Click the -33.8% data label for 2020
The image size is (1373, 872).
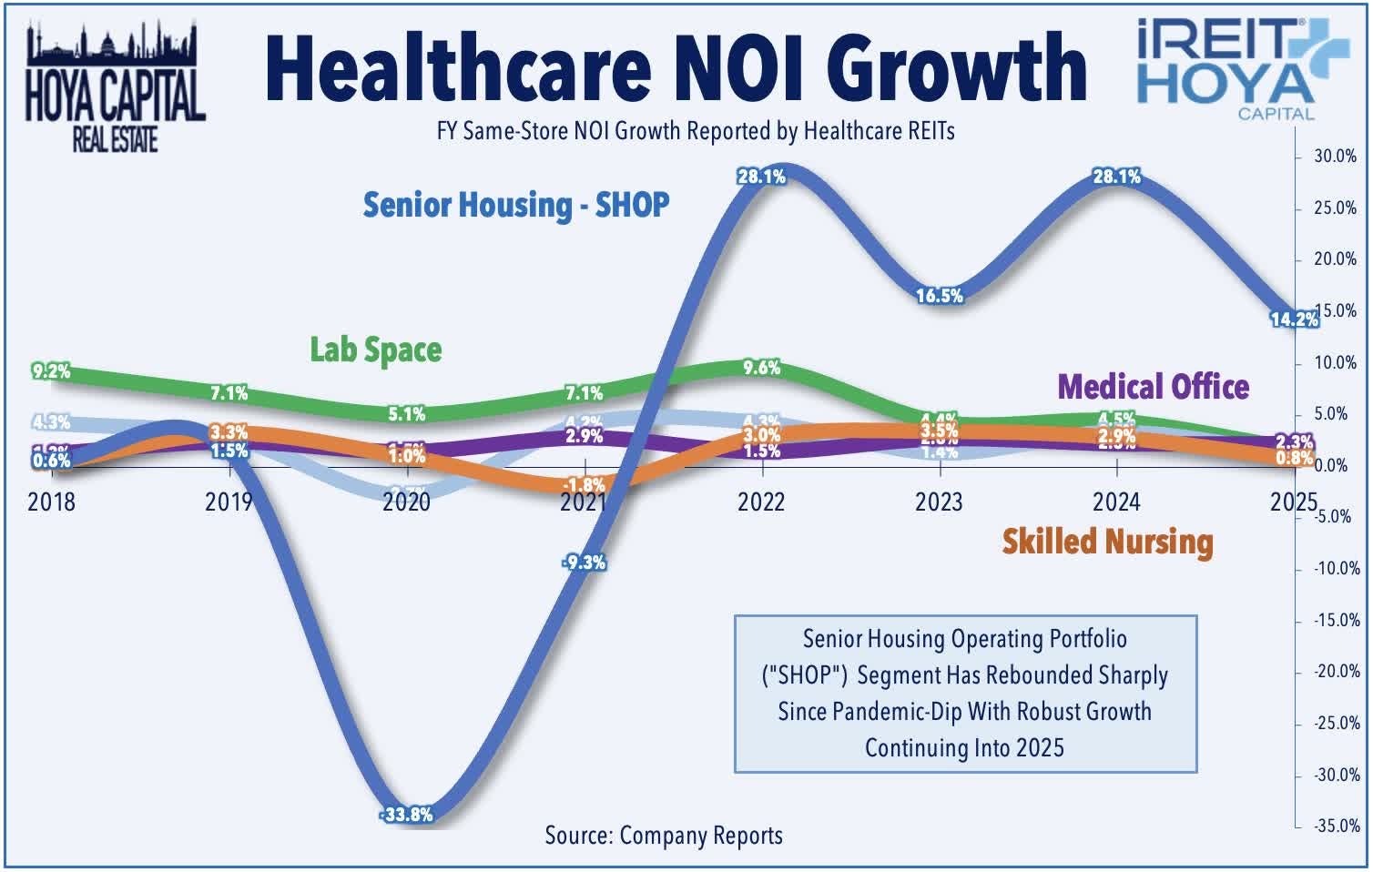pos(407,815)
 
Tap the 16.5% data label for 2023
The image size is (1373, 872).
pos(939,296)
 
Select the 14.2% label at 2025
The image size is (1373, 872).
pos(1294,319)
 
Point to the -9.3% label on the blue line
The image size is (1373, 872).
pos(584,563)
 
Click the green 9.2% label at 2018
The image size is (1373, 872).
pos(51,371)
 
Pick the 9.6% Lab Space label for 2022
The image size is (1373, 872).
pos(761,368)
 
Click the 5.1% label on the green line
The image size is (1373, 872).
pos(407,414)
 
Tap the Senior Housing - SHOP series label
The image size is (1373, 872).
pos(516,205)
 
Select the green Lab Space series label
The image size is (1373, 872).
pos(375,350)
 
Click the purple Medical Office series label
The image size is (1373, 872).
pos(1153,387)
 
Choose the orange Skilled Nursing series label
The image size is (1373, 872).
pos(1107,542)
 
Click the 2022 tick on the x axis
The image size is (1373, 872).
pos(761,502)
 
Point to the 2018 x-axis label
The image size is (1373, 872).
pos(52,502)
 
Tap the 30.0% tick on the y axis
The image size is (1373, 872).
pos(1335,157)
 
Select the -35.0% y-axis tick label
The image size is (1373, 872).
pos(1336,826)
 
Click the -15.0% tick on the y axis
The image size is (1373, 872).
pos(1336,621)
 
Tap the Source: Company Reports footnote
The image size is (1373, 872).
pos(664,836)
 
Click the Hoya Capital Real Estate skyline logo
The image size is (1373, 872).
pos(114,86)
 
